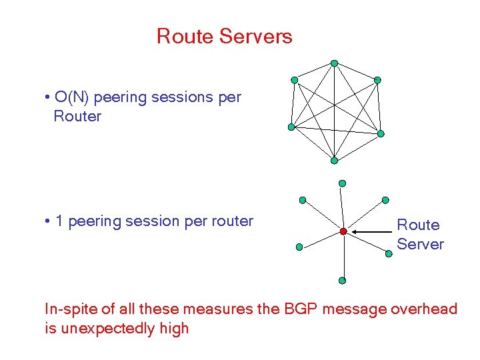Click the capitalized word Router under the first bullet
point(77,117)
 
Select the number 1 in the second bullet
point(59,221)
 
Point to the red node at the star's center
point(343,231)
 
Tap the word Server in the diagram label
point(420,244)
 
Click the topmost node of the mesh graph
point(334,63)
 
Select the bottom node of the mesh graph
point(334,160)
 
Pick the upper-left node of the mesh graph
point(295,80)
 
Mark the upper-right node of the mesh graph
point(377,80)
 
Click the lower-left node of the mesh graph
point(291,127)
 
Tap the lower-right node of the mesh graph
point(381,133)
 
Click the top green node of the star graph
point(342,183)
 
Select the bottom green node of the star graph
point(342,281)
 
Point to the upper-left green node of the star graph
point(302,199)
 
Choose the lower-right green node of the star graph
point(389,253)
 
